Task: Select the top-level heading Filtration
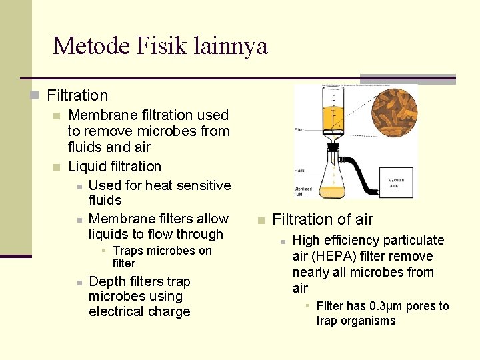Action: point(77,96)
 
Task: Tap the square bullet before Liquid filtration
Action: point(57,167)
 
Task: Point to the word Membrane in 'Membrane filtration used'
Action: point(100,115)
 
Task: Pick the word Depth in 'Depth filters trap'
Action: point(106,281)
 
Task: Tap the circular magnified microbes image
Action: point(395,112)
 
